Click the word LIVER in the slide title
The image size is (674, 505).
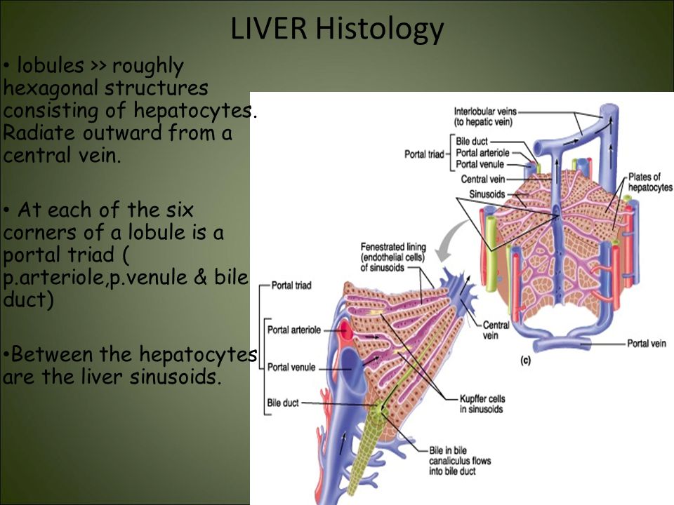click(x=269, y=28)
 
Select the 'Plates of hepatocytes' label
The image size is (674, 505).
click(x=650, y=182)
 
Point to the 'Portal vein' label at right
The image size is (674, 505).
click(x=647, y=344)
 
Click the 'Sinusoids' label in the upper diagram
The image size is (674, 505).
click(x=487, y=194)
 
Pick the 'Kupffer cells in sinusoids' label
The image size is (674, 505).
click(x=482, y=404)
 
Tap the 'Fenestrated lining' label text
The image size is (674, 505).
click(x=393, y=247)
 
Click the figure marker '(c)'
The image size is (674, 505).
click(x=525, y=361)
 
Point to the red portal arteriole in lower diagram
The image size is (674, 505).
click(x=345, y=330)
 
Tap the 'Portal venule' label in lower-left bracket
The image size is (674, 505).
click(x=291, y=368)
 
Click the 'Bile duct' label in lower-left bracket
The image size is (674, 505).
click(x=283, y=403)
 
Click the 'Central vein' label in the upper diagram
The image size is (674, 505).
click(x=483, y=179)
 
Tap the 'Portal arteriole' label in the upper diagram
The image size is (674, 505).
click(x=482, y=153)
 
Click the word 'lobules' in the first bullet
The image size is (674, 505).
click(x=51, y=66)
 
